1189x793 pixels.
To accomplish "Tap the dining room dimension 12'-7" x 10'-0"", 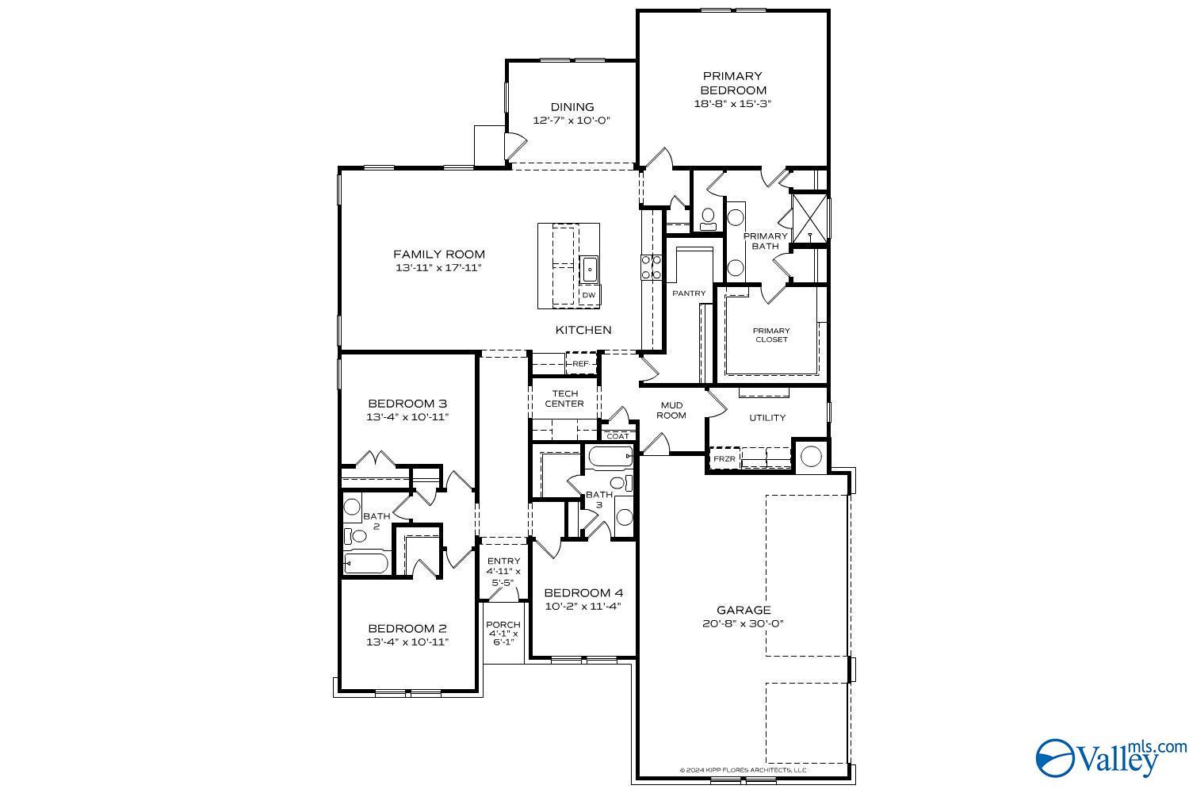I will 572,121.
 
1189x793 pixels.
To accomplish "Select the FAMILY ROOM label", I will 438,255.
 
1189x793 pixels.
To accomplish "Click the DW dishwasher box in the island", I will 588,295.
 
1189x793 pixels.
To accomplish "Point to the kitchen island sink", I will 589,270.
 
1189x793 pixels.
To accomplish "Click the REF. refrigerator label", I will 581,364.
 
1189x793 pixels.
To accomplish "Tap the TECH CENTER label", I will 564,398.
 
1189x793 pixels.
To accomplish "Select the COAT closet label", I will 617,436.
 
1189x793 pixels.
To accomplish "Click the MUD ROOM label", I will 671,410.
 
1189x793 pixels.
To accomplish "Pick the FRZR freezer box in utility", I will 724,459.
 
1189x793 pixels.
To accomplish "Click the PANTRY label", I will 688,293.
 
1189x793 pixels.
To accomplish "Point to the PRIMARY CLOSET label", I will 770,335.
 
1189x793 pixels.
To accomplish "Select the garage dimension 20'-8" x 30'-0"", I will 743,623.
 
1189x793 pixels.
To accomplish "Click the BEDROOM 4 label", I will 583,592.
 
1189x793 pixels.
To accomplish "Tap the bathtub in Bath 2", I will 365,565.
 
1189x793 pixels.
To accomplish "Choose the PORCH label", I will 503,625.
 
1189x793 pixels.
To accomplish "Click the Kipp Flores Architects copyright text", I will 743,770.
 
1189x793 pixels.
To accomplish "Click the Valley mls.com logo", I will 1110,757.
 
